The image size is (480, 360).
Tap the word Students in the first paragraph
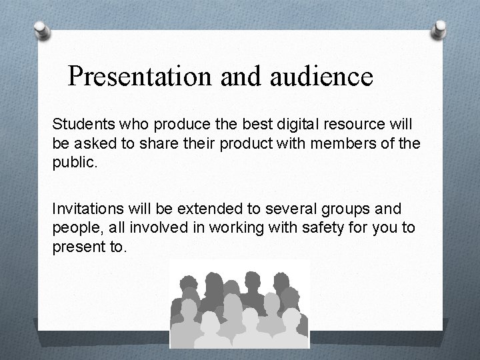79,124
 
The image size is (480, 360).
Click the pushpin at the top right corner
439,28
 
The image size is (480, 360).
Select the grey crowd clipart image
239,303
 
